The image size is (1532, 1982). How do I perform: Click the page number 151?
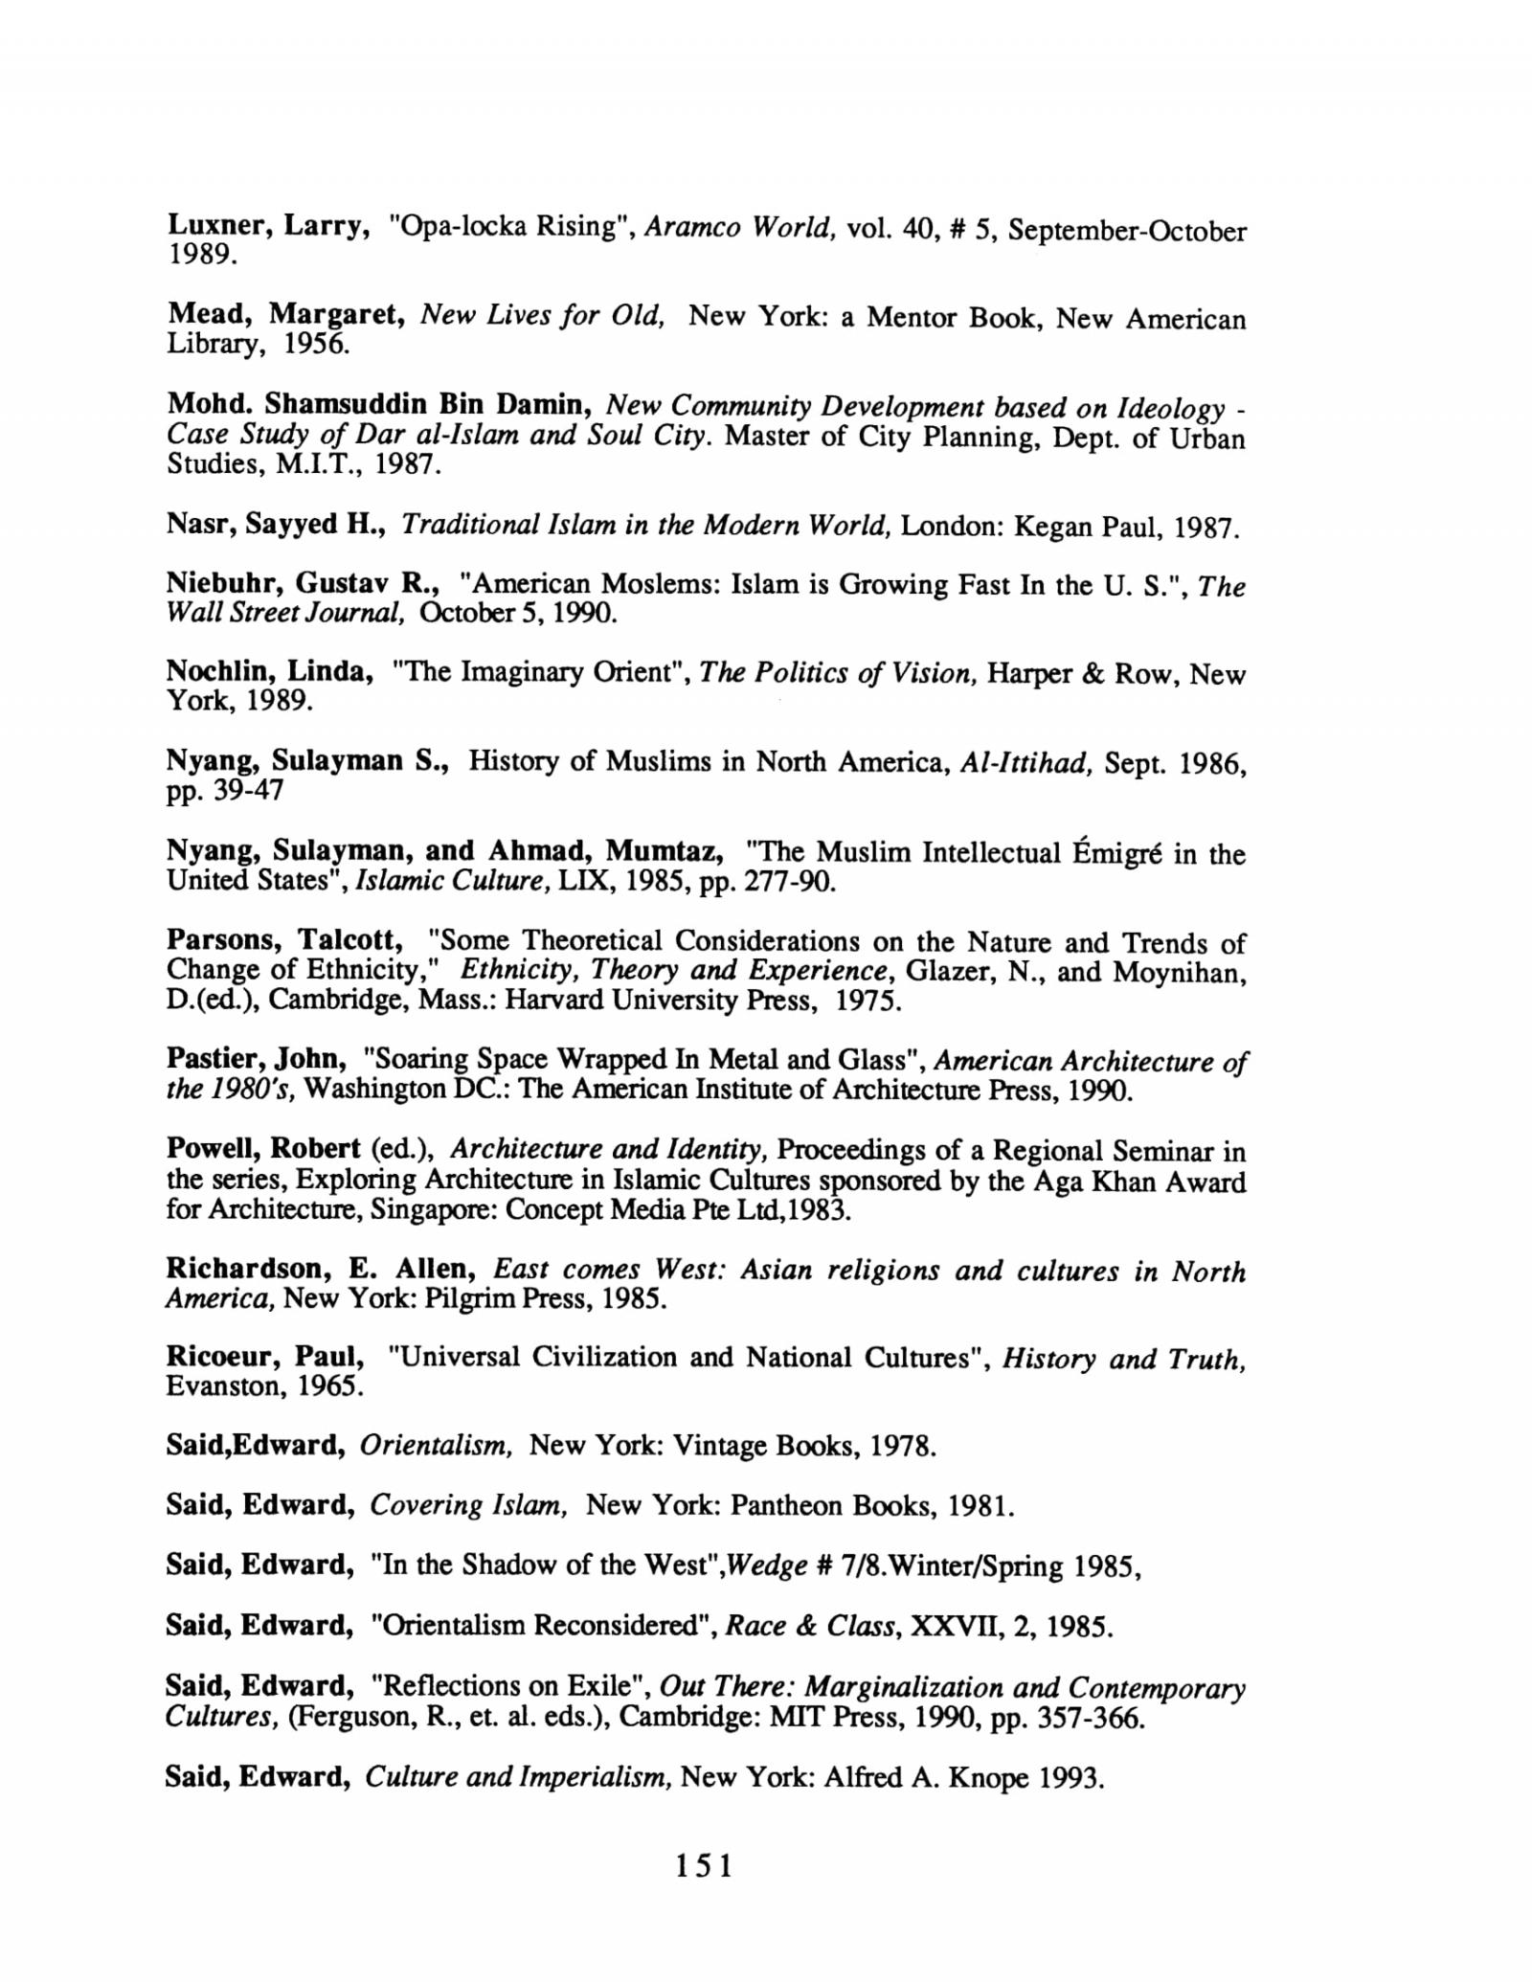click(x=704, y=1865)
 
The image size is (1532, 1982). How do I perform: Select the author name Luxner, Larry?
click(x=269, y=227)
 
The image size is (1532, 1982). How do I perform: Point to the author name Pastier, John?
click(x=256, y=1059)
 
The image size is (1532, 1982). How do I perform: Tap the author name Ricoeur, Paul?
click(x=265, y=1357)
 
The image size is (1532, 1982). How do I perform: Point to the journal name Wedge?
click(x=758, y=1565)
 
